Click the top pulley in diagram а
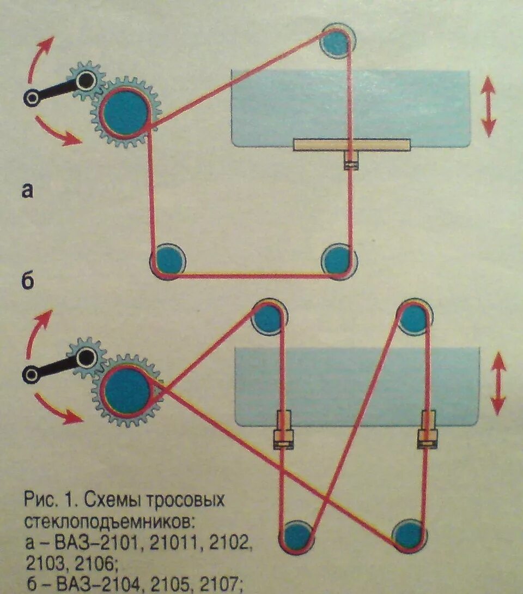point(337,41)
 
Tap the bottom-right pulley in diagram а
point(338,261)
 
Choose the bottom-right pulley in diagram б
point(410,535)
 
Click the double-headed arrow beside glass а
point(488,106)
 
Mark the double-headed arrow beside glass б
point(498,383)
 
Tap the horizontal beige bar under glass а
point(352,145)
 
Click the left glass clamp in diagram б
point(283,430)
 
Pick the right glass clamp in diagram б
point(428,430)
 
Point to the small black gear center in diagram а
point(87,80)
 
